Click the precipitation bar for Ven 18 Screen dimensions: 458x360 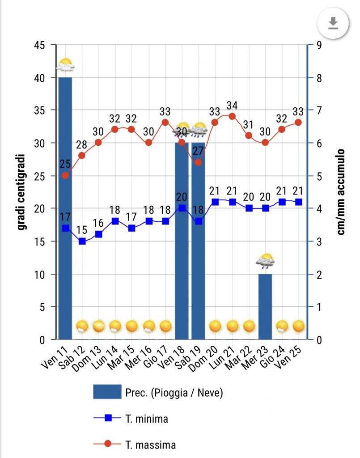pos(182,242)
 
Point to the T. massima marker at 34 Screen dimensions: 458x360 pos(232,116)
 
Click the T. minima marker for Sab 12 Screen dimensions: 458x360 pos(82,241)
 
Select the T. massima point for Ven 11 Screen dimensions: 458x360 pos(65,175)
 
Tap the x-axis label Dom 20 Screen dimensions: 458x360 pos(210,357)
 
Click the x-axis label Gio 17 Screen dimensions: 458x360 pos(160,357)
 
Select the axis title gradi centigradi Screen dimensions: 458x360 pos(21,192)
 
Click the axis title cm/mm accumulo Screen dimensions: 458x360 pos(341,192)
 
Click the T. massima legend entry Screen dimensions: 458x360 pos(134,445)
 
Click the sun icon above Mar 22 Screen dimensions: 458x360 pos(249,326)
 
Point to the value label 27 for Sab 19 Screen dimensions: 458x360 pos(199,149)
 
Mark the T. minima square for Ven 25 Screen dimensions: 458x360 pos(298,202)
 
